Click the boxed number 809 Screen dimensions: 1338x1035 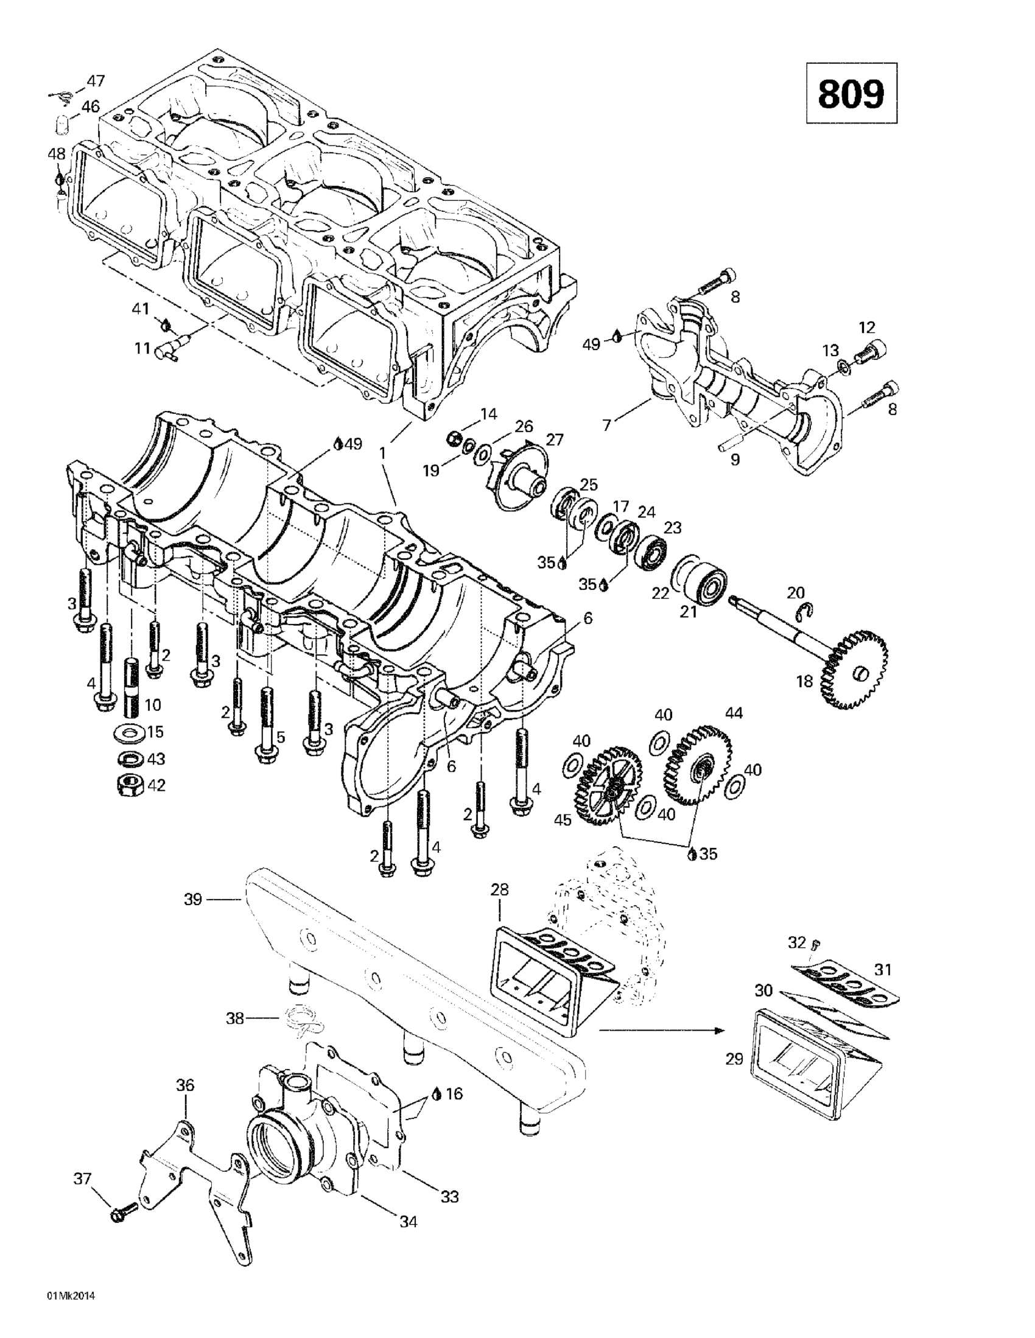tap(851, 93)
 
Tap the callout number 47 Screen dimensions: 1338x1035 tap(95, 80)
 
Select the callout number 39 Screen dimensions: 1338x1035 tap(193, 900)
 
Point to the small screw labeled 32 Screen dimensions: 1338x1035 tap(816, 942)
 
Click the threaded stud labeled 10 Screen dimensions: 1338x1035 tap(133, 685)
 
